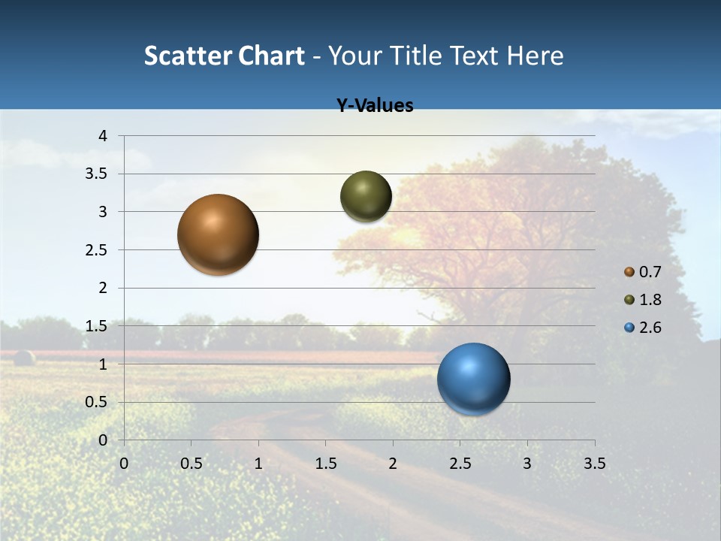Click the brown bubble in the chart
(x=218, y=234)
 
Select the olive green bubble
(x=366, y=196)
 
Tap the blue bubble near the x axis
(x=473, y=379)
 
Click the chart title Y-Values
(x=374, y=106)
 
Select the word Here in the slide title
(x=535, y=56)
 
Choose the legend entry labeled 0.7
(x=643, y=272)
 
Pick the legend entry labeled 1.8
(x=643, y=300)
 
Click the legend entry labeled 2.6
(x=643, y=328)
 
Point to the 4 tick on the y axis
(x=103, y=136)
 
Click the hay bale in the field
(x=24, y=358)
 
